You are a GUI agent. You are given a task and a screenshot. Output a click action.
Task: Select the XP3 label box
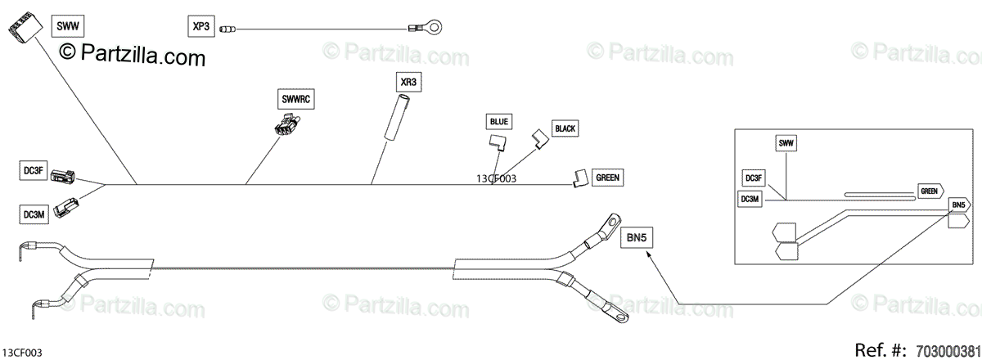[x=200, y=26]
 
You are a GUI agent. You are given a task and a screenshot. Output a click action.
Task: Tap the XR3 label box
[x=408, y=83]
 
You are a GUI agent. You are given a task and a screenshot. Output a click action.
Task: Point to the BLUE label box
[x=498, y=122]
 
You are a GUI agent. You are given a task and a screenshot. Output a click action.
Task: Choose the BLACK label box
[x=565, y=128]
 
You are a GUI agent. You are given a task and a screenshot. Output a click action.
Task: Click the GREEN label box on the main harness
[x=607, y=177]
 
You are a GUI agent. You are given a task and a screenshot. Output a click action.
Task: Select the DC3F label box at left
[x=33, y=170]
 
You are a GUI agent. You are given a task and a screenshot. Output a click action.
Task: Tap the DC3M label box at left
[x=34, y=214]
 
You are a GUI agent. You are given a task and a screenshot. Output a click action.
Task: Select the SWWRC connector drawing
[x=286, y=127]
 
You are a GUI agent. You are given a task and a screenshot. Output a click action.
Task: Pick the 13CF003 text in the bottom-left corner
[x=22, y=352]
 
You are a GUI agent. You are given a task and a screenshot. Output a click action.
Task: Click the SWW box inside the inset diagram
[x=786, y=144]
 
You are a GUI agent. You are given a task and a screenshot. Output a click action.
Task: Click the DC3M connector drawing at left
[x=65, y=211]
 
